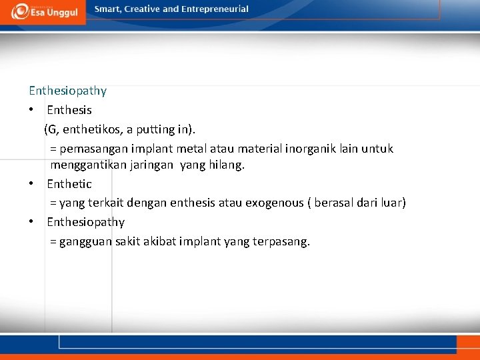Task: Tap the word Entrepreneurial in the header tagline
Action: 215,9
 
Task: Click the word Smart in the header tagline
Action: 108,9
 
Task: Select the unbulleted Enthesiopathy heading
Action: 67,91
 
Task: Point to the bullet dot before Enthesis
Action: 32,110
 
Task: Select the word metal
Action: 191,148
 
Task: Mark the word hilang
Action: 227,165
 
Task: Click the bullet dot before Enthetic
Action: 32,184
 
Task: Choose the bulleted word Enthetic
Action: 69,184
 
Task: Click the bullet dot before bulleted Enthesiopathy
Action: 32,222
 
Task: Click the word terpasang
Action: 281,241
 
